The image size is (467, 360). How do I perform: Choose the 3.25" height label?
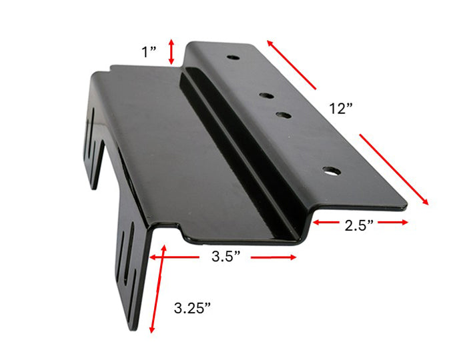(192, 307)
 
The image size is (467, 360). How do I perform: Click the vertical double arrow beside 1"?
(172, 51)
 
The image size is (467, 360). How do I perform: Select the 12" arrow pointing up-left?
(292, 64)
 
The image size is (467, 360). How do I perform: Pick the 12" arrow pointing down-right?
(394, 168)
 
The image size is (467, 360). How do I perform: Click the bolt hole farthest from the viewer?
(233, 57)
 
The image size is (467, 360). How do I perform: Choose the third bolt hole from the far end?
(283, 115)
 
